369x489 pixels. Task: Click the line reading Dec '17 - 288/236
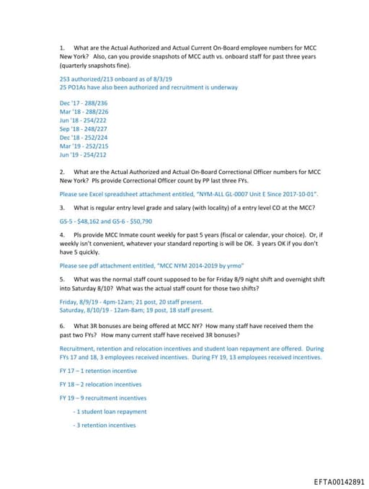(x=84, y=102)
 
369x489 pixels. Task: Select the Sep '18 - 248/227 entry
(x=84, y=128)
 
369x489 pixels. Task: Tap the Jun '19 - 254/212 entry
(x=84, y=154)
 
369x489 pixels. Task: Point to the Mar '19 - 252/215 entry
(x=84, y=146)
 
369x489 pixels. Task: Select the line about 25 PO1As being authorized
(x=148, y=87)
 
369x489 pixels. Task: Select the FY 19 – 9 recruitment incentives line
(x=103, y=398)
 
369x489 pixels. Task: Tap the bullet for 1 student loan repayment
(x=110, y=412)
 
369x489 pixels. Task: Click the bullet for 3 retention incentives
(x=105, y=426)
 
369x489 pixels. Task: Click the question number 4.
(x=62, y=234)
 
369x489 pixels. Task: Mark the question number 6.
(x=62, y=326)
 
